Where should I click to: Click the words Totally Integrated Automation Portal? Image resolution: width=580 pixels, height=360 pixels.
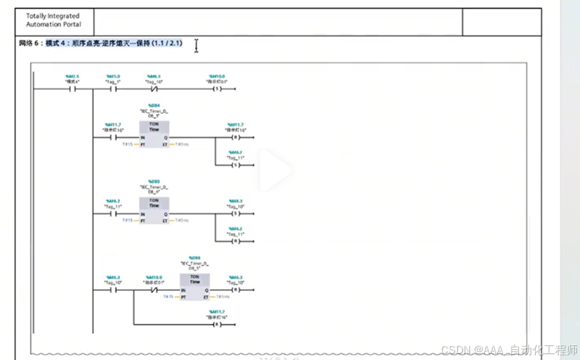pyautogui.click(x=52, y=20)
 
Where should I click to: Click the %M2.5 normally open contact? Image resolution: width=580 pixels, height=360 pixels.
pyautogui.click(x=72, y=88)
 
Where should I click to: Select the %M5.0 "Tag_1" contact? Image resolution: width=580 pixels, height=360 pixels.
pyautogui.click(x=113, y=88)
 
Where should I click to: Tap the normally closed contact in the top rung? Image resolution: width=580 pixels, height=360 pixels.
pyautogui.click(x=154, y=88)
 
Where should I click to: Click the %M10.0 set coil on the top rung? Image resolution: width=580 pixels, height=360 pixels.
pyautogui.click(x=217, y=88)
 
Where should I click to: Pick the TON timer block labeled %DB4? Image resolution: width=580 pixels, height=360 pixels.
pyautogui.click(x=154, y=133)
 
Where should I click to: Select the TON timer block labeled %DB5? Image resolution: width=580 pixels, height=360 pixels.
pyautogui.click(x=154, y=209)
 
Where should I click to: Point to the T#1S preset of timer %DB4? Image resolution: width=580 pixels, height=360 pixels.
pyautogui.click(x=128, y=144)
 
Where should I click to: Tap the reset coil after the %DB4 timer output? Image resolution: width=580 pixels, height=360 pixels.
pyautogui.click(x=235, y=137)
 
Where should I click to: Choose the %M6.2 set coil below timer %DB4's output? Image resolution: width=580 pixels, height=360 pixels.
pyautogui.click(x=235, y=164)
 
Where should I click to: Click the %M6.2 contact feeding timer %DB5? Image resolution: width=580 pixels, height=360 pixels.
pyautogui.click(x=113, y=213)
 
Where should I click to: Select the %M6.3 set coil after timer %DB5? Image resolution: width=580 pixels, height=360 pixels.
pyautogui.click(x=235, y=213)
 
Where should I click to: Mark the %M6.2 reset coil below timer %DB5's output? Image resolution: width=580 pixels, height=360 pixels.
pyautogui.click(x=235, y=241)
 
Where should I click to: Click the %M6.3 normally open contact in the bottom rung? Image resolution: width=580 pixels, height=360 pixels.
pyautogui.click(x=113, y=290)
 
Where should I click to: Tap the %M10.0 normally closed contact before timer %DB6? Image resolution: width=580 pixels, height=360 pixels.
pyautogui.click(x=154, y=290)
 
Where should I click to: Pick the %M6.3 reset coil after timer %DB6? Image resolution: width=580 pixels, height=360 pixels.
pyautogui.click(x=235, y=290)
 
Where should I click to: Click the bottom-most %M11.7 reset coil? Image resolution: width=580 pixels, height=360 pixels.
pyautogui.click(x=217, y=324)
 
